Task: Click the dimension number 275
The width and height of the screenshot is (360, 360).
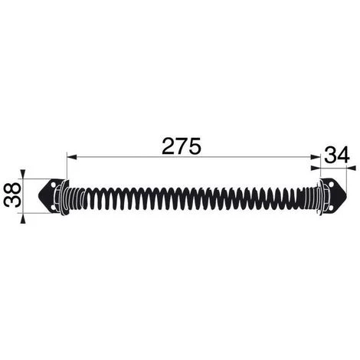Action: tap(182, 146)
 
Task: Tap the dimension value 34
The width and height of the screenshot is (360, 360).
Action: tap(337, 155)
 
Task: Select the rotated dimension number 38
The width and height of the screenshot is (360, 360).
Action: tap(12, 195)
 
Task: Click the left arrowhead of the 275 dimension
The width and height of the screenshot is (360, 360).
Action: tap(71, 158)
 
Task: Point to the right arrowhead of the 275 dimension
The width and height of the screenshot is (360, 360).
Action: tap(316, 158)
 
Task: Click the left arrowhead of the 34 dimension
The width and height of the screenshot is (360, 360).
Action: tap(316, 168)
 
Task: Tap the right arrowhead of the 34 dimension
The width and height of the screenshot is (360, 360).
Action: tap(351, 168)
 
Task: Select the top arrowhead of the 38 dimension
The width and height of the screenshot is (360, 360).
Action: tap(23, 174)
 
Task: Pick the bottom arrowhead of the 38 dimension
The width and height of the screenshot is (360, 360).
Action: tap(23, 219)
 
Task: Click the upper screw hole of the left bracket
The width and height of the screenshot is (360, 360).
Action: tap(54, 185)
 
